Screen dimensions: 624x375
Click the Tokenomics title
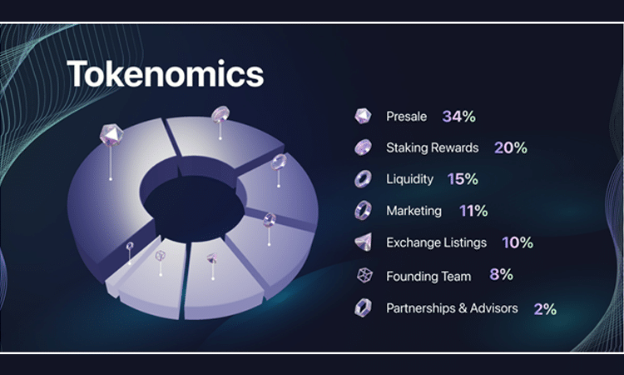click(x=166, y=73)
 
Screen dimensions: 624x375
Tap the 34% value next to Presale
click(x=458, y=117)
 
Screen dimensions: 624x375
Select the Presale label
click(x=406, y=117)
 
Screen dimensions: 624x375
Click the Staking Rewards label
click(x=432, y=147)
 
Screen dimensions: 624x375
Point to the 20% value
click(x=511, y=147)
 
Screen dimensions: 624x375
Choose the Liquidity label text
click(x=409, y=179)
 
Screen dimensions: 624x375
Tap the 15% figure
click(x=463, y=179)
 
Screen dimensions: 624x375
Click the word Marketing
click(x=414, y=211)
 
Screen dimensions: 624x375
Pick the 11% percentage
click(x=473, y=211)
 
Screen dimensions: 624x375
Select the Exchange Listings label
click(x=436, y=242)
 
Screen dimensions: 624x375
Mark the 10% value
click(x=518, y=242)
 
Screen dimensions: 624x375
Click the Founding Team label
click(x=428, y=276)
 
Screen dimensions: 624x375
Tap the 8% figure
click(x=501, y=274)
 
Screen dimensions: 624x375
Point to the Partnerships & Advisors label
click(x=452, y=308)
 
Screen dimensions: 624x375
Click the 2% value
click(x=545, y=309)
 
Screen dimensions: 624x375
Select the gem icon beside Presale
click(x=363, y=116)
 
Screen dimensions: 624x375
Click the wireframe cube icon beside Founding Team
click(x=364, y=275)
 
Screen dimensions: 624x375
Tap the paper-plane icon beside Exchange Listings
click(x=364, y=242)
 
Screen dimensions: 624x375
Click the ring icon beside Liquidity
click(x=363, y=179)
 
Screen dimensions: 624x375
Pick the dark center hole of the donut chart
click(x=194, y=208)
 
